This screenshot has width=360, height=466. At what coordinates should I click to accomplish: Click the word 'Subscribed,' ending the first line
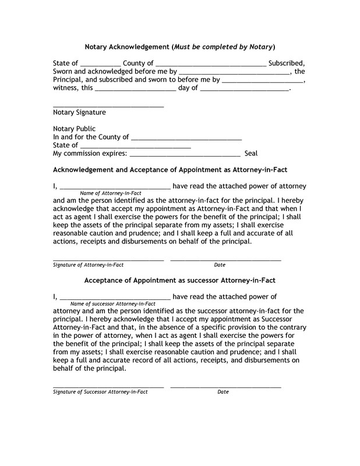tap(287, 63)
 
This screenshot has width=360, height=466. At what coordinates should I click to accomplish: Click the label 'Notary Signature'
tap(79, 112)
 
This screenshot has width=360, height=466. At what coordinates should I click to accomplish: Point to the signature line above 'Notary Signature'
tap(108, 106)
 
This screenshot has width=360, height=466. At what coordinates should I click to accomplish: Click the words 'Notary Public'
tap(74, 129)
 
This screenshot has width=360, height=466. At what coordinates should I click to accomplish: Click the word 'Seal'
tap(251, 154)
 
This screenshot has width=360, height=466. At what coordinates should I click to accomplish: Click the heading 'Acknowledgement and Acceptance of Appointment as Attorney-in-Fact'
tap(170, 170)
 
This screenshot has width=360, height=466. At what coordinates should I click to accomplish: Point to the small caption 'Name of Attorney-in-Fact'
tap(111, 193)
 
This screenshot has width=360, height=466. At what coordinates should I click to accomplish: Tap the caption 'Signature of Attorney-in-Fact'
tap(89, 265)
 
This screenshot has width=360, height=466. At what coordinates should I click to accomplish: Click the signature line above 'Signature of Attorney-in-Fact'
tap(108, 259)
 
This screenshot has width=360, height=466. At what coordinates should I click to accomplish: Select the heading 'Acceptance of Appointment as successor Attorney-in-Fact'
tap(179, 280)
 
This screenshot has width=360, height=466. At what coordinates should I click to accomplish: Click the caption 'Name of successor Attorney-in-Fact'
tap(113, 304)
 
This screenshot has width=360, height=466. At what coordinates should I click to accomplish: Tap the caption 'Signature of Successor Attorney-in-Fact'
tap(100, 392)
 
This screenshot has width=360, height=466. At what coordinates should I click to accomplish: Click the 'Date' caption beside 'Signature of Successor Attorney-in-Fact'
tap(223, 392)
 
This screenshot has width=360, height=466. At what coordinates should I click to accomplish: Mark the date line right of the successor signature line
tap(225, 386)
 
